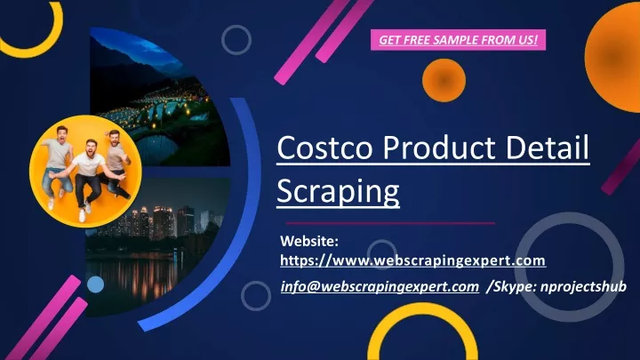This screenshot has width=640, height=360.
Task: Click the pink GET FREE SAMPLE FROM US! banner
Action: [x=458, y=40]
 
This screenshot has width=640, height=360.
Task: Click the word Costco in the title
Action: [x=324, y=148]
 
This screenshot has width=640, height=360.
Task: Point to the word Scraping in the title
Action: [x=338, y=190]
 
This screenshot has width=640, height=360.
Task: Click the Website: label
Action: [x=309, y=241]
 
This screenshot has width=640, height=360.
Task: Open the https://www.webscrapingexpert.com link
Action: [x=412, y=260]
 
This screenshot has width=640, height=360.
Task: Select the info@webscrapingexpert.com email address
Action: [x=380, y=286]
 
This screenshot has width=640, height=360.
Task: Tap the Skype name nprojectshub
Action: [x=583, y=286]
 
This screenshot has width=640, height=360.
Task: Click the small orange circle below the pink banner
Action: [x=444, y=80]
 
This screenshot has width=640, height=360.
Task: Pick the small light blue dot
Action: [x=95, y=284]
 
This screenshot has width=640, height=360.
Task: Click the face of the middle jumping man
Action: [x=91, y=147]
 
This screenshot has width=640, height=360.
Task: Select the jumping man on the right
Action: [x=116, y=164]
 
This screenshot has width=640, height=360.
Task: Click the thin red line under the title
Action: [x=390, y=223]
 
